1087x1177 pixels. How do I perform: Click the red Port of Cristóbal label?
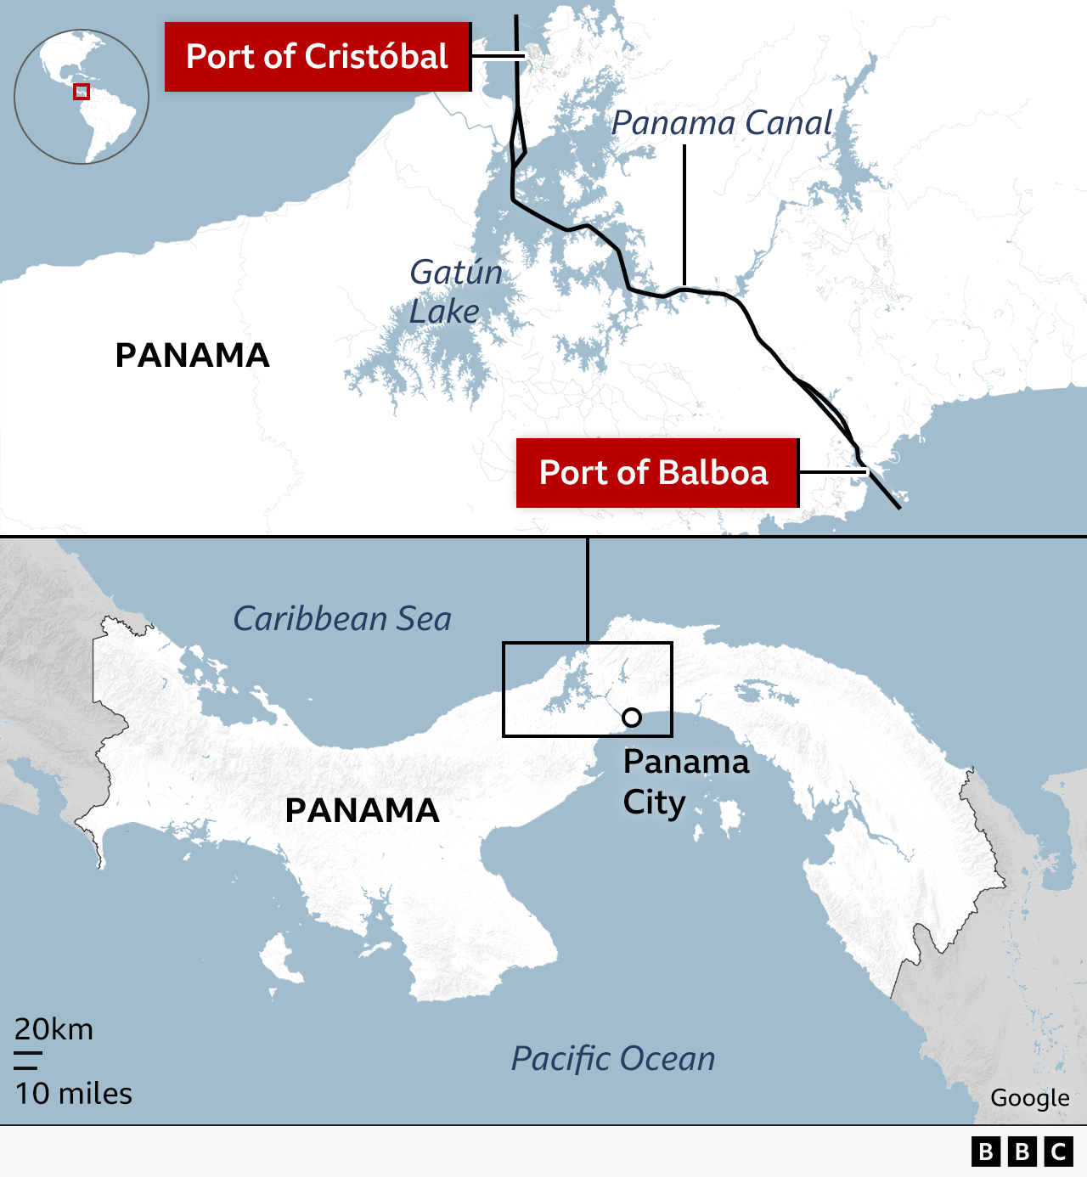point(317,57)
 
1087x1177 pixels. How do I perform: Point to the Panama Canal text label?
point(722,123)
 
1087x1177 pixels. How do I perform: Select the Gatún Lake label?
point(455,291)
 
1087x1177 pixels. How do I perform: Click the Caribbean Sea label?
point(342,618)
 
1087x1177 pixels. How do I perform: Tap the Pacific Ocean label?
point(613,1058)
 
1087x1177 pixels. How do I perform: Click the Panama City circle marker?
point(632,718)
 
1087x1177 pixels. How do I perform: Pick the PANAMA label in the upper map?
point(193,355)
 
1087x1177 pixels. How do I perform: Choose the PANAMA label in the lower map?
point(363,810)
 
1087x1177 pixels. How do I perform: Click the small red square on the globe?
point(82,92)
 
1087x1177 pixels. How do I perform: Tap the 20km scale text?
point(54,1029)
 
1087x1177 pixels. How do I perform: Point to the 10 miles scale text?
point(73,1094)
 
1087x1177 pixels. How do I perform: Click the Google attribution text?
point(1029,1098)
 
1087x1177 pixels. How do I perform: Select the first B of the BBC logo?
point(986,1152)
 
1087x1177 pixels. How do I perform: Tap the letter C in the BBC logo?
point(1059,1152)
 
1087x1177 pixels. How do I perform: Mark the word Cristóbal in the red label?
point(376,57)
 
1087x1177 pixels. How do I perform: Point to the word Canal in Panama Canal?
point(789,123)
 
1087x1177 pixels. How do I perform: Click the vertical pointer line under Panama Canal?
point(684,212)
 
